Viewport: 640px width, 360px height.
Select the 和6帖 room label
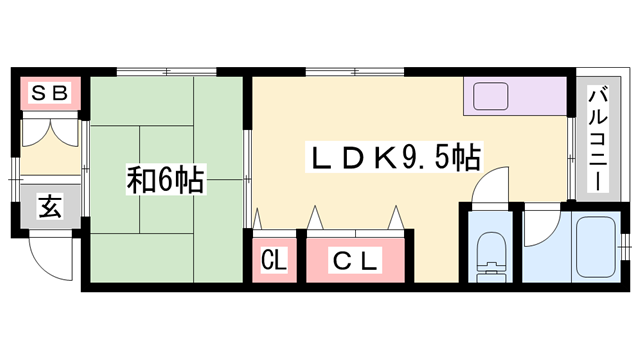(x=165, y=181)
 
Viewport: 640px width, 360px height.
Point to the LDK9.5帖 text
(x=394, y=157)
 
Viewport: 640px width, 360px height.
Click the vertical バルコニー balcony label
(x=598, y=141)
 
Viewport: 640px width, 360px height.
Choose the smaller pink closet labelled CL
(x=273, y=262)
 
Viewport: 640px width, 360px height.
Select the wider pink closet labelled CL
(x=356, y=262)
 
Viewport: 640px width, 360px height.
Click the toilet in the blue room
(x=491, y=254)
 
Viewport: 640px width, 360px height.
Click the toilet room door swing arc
(x=494, y=187)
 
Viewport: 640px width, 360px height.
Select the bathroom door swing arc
(x=538, y=228)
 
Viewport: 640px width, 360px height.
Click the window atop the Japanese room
(x=165, y=72)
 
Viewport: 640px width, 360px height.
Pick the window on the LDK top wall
(x=355, y=72)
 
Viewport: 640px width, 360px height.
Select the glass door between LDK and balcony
(x=571, y=155)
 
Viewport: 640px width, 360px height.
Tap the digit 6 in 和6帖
(x=165, y=181)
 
